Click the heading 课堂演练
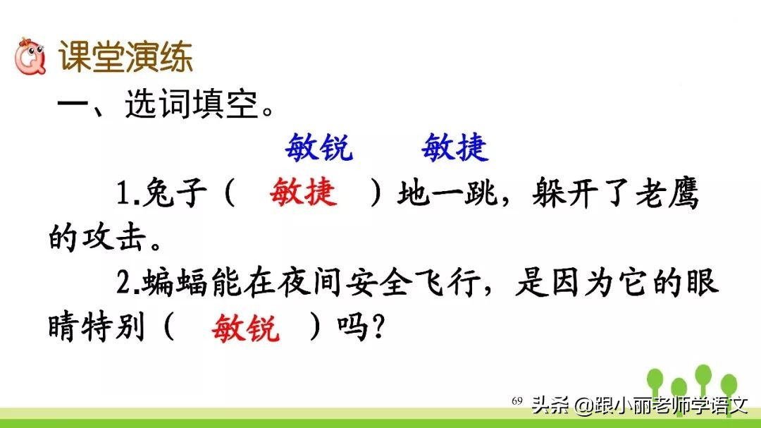point(125,58)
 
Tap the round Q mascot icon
point(30,56)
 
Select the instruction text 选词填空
point(193,106)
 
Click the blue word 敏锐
point(319,148)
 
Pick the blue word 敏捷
point(454,148)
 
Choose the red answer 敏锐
point(245,328)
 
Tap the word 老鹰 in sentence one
point(665,194)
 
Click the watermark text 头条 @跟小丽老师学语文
point(638,405)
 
